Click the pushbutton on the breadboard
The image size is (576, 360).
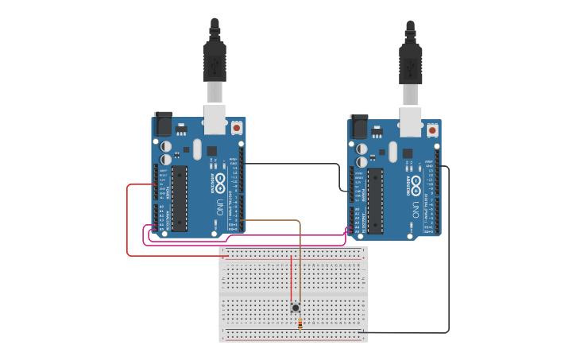click(296, 308)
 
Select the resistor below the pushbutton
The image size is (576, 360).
click(300, 323)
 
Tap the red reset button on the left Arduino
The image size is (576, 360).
click(236, 126)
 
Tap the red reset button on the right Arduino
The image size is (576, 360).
click(432, 130)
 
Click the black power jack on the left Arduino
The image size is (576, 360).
click(163, 123)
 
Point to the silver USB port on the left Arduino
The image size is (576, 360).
click(215, 119)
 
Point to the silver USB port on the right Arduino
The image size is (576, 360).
click(411, 122)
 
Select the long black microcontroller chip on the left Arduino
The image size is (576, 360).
click(180, 199)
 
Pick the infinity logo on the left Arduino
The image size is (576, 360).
click(220, 180)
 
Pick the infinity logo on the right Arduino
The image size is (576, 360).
click(416, 182)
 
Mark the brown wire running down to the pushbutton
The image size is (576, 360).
click(300, 262)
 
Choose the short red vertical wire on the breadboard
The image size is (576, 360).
click(292, 278)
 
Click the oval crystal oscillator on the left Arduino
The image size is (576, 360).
click(196, 149)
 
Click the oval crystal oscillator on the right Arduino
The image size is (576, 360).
click(392, 151)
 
